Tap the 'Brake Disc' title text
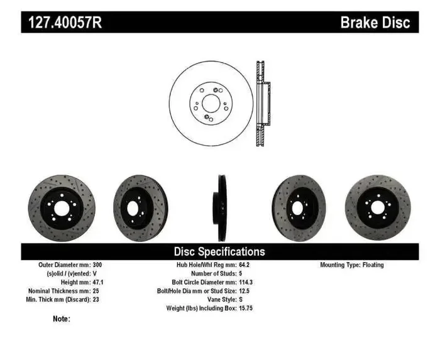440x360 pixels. pos(375,23)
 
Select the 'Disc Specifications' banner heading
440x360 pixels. pos(219,251)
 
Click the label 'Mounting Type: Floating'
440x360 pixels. pos(351,265)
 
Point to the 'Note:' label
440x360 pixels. pos(62,319)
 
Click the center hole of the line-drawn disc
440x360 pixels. pos(211,103)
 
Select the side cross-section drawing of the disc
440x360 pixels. pos(263,104)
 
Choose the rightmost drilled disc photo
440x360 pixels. pos(377,207)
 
